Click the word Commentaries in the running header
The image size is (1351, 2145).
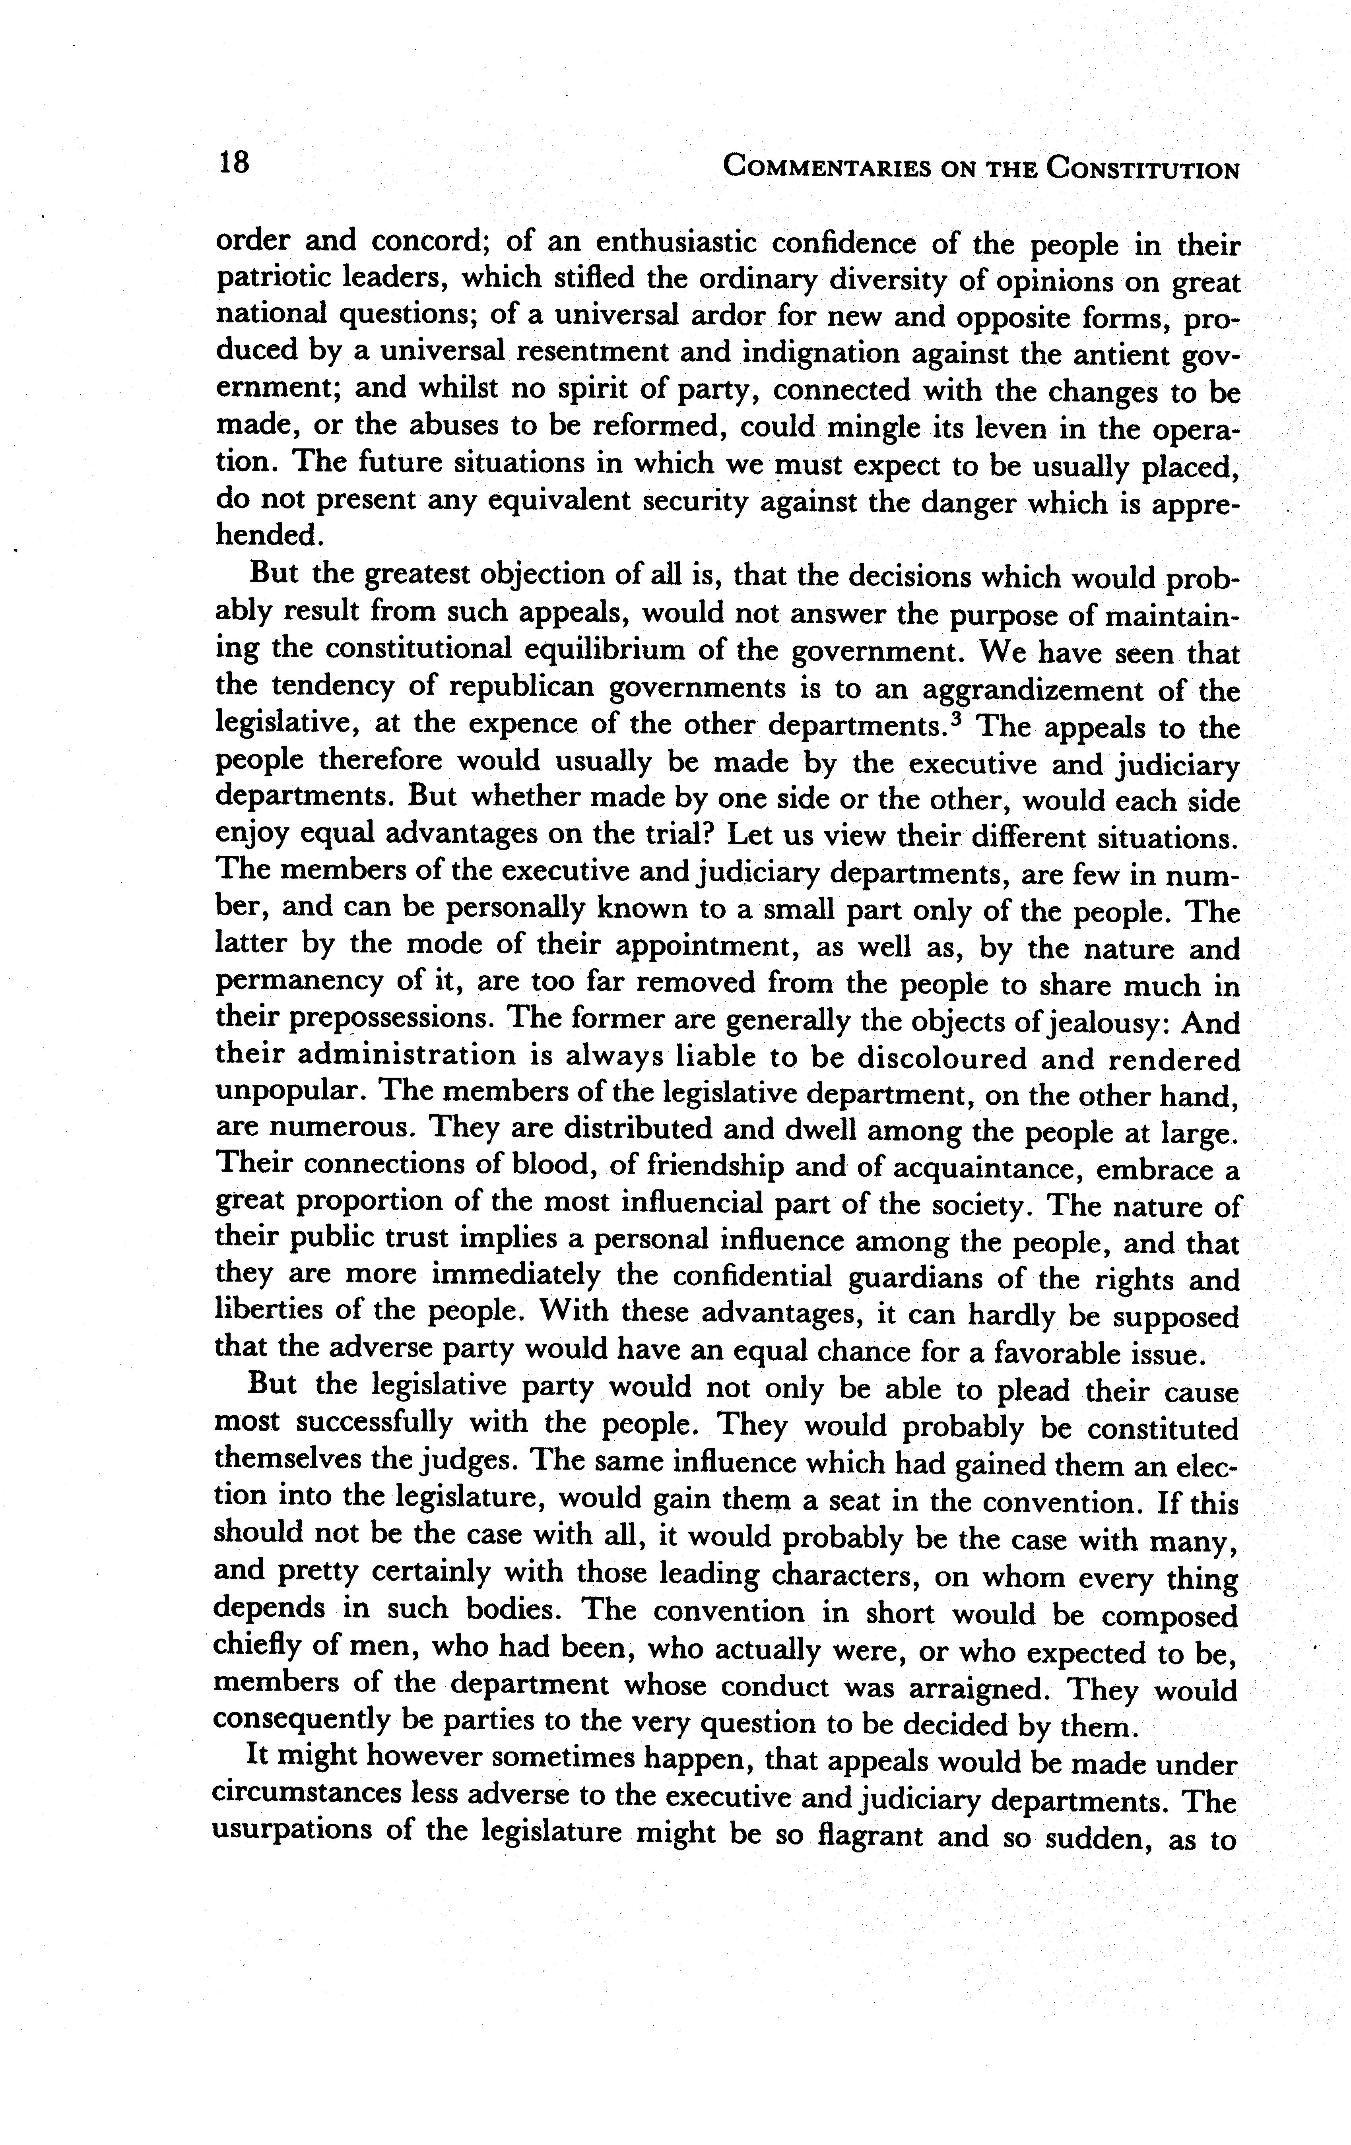tap(823, 167)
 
